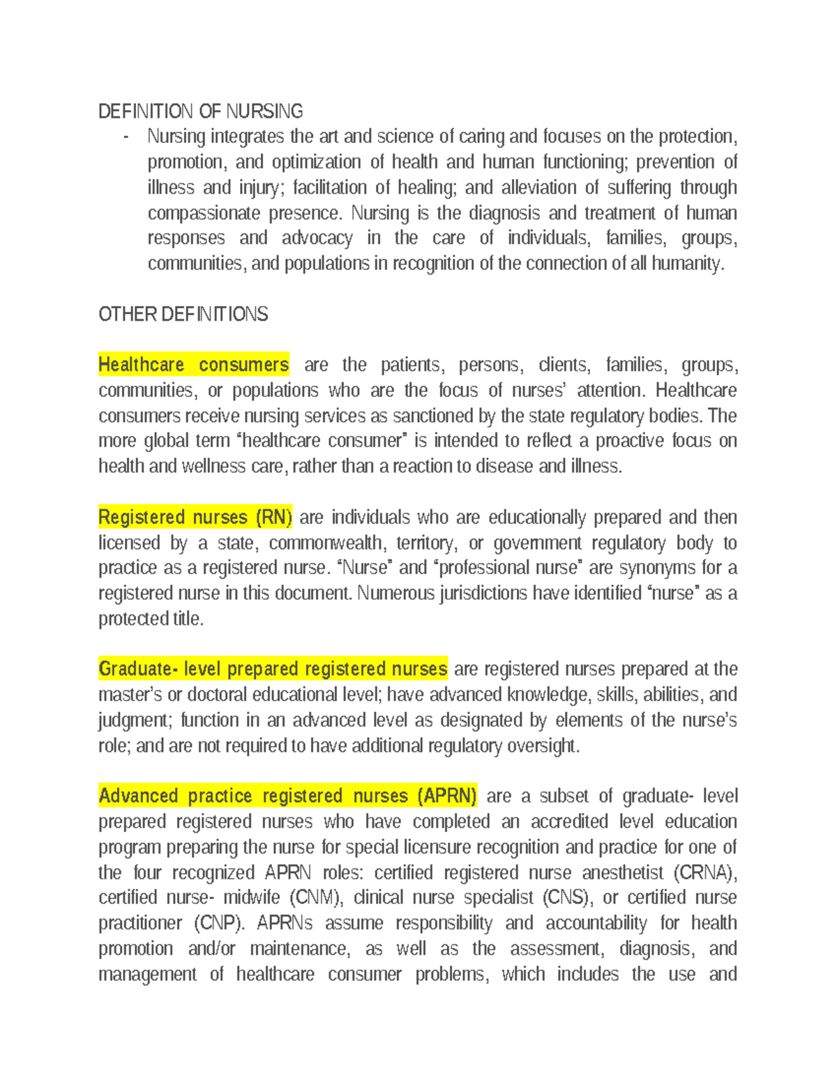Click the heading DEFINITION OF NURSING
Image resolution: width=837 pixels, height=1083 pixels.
tap(200, 111)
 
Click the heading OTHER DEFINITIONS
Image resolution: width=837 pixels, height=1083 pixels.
tap(183, 314)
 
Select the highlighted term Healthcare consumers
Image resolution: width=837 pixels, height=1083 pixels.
tap(193, 364)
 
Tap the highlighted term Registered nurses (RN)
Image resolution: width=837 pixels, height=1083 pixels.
tap(195, 517)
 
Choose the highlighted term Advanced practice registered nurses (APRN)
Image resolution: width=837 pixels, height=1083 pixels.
tap(287, 795)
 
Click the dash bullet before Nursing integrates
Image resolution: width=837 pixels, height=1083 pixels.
tap(126, 137)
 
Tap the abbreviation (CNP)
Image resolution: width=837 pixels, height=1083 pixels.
tap(219, 923)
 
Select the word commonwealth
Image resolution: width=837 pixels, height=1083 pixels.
tap(326, 543)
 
